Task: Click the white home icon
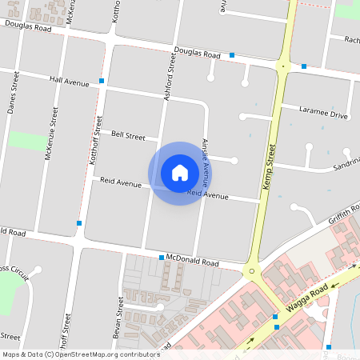click(180, 172)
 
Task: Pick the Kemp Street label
click(269, 166)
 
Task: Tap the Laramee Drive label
click(323, 113)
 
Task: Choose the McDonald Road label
click(192, 262)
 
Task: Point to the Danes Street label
click(14, 91)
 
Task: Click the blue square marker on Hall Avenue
click(102, 81)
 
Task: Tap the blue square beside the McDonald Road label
click(161, 258)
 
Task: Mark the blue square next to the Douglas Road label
click(232, 55)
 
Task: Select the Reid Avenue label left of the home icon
click(120, 182)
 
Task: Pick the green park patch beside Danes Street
click(27, 141)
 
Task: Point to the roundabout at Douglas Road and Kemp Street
click(283, 66)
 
